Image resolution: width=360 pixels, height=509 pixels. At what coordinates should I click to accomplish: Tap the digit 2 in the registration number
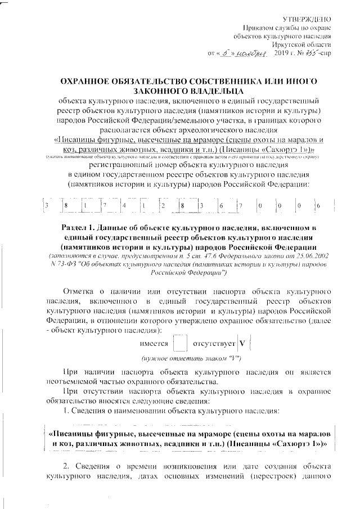coord(163,206)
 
